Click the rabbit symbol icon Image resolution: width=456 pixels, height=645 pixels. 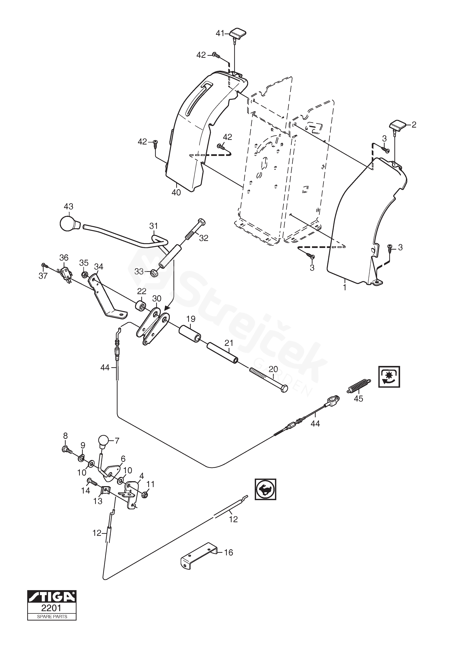pos(265,489)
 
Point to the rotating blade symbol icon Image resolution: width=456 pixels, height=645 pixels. pos(389,377)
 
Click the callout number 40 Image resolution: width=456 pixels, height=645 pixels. pos(176,193)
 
